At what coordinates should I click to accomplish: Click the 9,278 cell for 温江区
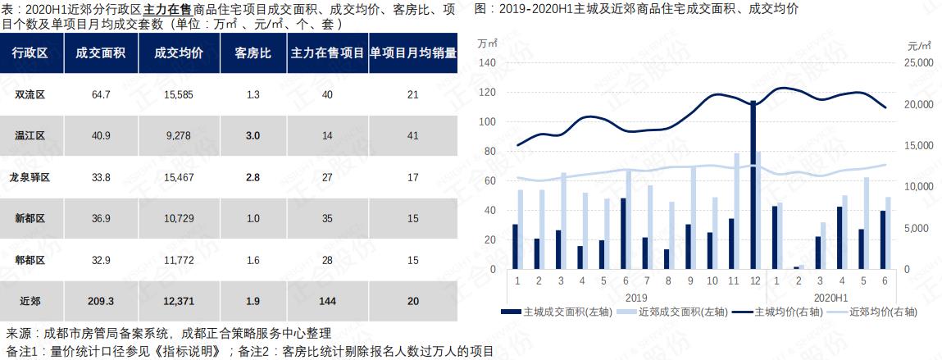178,135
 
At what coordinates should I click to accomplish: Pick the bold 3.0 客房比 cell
253,135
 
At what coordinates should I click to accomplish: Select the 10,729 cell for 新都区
178,218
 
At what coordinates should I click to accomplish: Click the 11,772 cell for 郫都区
178,260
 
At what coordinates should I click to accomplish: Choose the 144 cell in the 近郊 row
327,301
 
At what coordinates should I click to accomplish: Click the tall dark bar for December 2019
752,185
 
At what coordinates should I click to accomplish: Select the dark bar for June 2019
623,234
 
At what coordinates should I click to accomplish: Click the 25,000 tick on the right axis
917,63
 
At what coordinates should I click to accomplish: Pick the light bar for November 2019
736,212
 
